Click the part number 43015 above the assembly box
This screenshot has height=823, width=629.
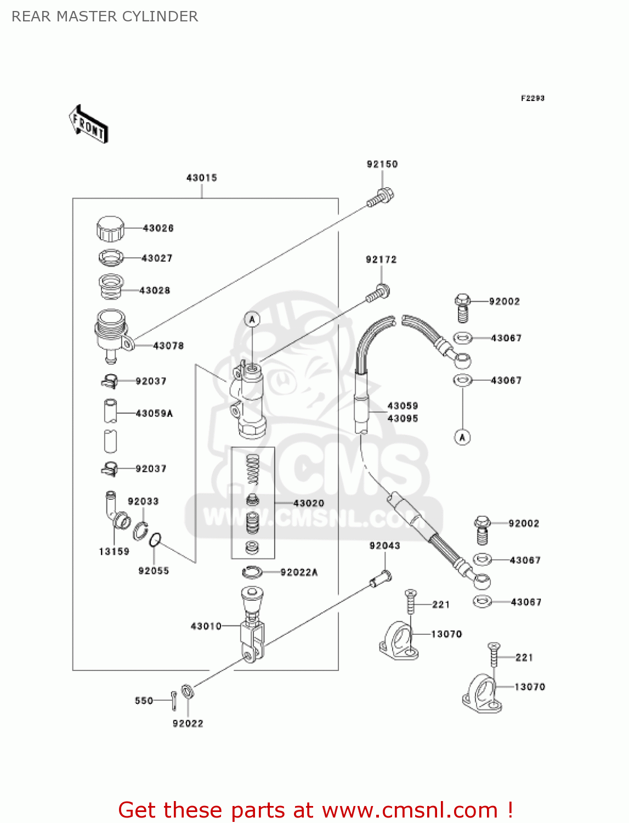(x=202, y=178)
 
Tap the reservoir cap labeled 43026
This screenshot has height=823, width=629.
(x=110, y=228)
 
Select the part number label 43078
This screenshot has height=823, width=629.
(x=168, y=346)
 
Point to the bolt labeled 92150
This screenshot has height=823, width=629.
(x=381, y=197)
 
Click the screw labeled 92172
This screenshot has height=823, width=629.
(x=378, y=293)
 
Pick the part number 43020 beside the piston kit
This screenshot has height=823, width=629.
(x=309, y=503)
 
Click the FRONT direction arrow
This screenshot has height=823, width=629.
(x=88, y=125)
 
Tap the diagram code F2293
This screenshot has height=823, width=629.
(x=532, y=98)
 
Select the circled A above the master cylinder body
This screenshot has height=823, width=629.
(x=252, y=319)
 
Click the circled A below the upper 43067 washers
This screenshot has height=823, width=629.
(x=462, y=437)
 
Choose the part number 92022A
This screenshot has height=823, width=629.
(x=299, y=572)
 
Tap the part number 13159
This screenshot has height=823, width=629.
(x=114, y=551)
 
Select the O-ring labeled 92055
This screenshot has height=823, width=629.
(x=155, y=540)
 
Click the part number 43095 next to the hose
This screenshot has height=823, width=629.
(x=403, y=419)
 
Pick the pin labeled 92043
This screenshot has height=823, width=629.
(x=381, y=578)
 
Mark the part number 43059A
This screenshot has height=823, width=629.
(x=154, y=413)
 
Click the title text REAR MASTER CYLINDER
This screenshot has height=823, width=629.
(x=105, y=16)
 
